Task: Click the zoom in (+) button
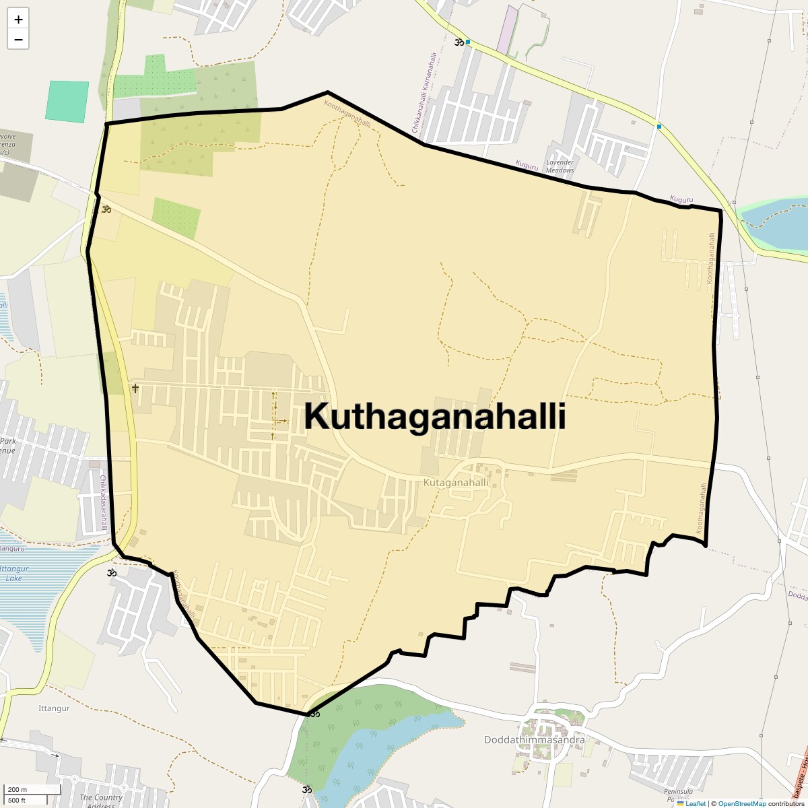[18, 20]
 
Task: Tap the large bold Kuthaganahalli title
[434, 416]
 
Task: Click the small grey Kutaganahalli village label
[456, 483]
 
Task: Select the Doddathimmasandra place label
[534, 740]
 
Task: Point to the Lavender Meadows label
[560, 166]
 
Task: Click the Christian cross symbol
[135, 389]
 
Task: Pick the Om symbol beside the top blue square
[459, 42]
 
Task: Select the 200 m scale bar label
[18, 790]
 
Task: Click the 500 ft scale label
[18, 800]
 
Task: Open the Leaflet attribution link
[696, 803]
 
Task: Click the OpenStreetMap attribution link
[741, 803]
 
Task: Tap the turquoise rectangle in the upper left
[67, 101]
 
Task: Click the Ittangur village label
[54, 708]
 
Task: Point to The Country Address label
[101, 801]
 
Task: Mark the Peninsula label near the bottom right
[677, 792]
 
